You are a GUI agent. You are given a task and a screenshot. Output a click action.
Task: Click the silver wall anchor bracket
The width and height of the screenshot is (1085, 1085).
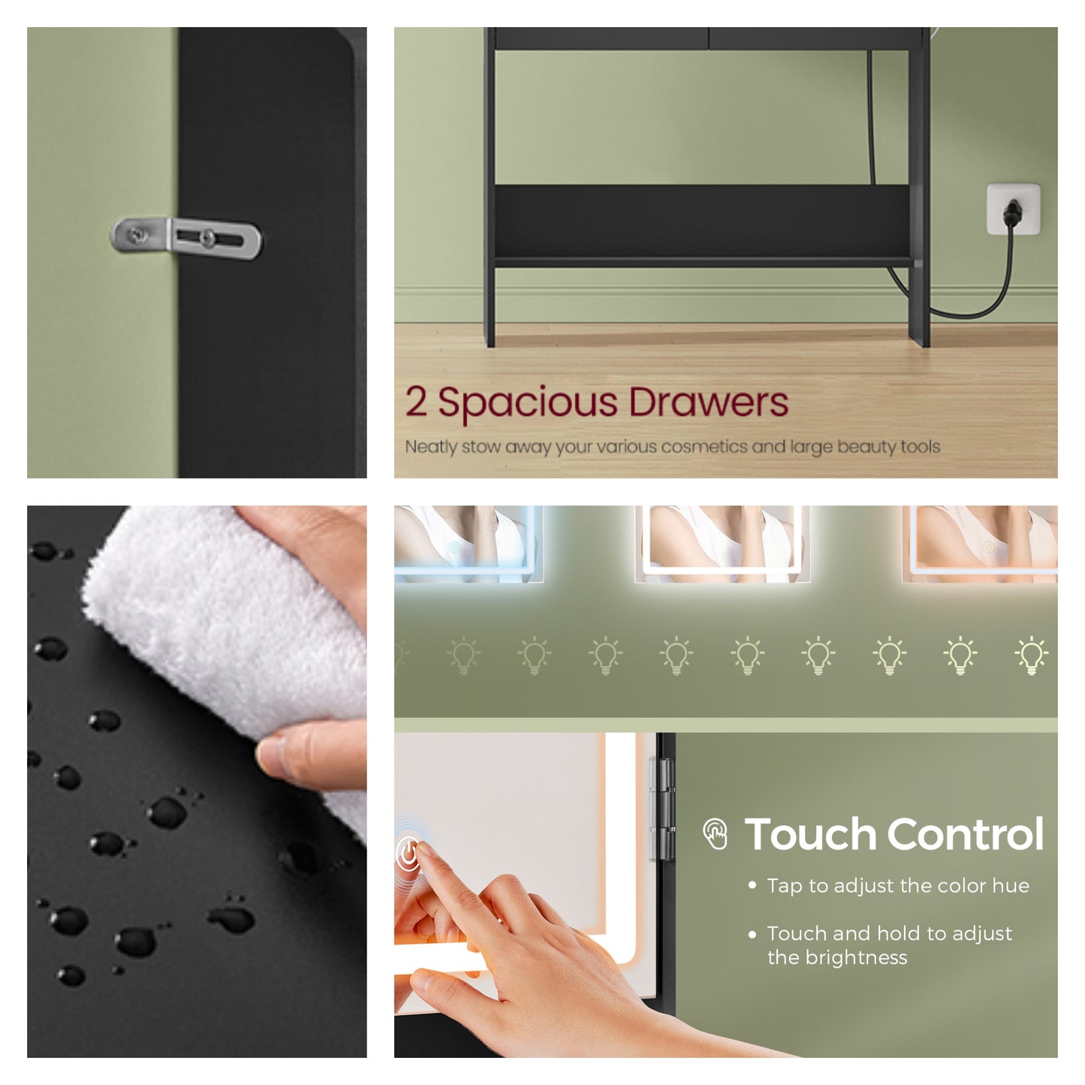(185, 238)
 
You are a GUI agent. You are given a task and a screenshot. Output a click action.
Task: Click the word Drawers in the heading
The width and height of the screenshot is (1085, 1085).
(708, 402)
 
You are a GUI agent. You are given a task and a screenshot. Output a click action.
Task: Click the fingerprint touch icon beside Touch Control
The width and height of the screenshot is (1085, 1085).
(715, 834)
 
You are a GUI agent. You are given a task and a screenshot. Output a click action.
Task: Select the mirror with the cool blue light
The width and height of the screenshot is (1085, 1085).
(468, 544)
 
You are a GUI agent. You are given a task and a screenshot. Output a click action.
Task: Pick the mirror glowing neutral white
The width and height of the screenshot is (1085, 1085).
(723, 544)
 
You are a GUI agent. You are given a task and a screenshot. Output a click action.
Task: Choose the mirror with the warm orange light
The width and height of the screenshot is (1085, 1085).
(981, 544)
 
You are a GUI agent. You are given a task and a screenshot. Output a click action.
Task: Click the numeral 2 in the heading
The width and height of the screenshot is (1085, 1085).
(416, 402)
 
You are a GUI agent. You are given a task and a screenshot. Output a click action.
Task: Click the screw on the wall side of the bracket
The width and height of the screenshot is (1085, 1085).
(136, 235)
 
